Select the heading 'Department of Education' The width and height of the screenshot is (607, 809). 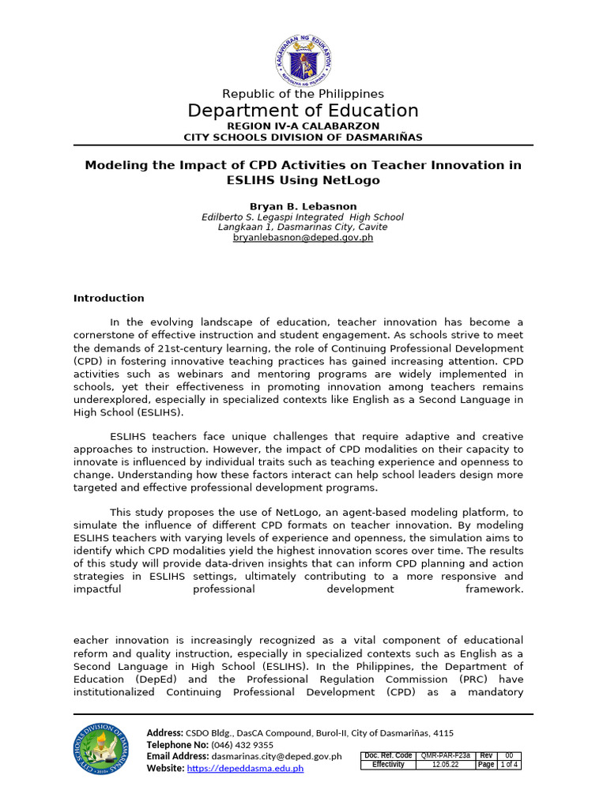303,111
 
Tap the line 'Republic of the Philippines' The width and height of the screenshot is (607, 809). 303,94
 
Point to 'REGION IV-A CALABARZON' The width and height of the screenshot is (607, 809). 303,126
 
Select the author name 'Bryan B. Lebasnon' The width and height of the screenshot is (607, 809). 303,205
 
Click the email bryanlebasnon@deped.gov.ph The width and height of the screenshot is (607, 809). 303,237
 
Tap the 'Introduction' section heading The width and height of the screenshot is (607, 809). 109,298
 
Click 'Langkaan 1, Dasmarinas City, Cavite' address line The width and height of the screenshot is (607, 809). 303,227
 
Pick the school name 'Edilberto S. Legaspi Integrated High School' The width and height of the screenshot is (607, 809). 303,216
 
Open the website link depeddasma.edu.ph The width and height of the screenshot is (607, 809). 245,768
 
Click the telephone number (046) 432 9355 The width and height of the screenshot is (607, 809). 243,744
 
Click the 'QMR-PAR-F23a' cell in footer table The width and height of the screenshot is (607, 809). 445,755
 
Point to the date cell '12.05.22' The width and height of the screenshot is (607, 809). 445,765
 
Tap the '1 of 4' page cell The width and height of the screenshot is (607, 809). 509,765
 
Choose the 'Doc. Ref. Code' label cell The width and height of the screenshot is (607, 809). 388,755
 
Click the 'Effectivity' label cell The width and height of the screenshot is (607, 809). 388,765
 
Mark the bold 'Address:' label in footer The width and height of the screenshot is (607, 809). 164,733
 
